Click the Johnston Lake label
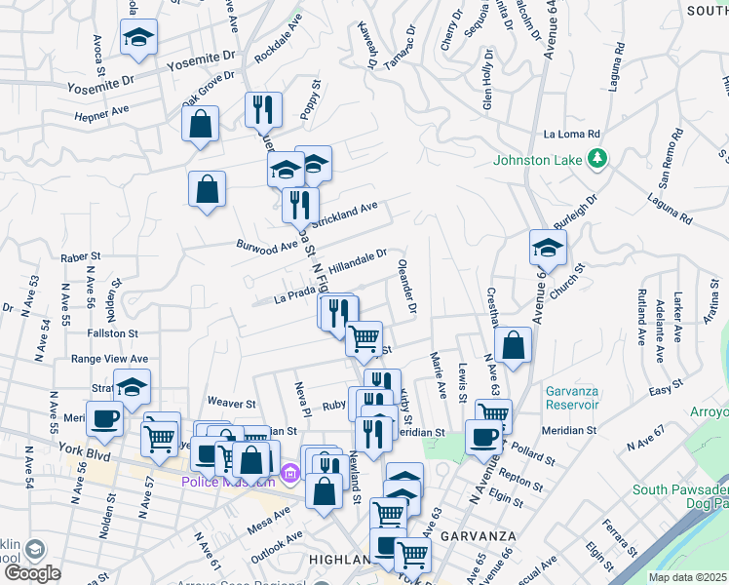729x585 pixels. click(537, 159)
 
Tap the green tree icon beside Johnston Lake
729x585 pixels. click(597, 158)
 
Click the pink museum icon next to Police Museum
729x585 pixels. click(288, 475)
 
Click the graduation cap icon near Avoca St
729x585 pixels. click(138, 39)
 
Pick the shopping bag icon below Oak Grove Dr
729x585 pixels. click(200, 124)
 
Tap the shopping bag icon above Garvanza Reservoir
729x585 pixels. click(513, 345)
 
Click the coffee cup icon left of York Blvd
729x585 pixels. click(104, 419)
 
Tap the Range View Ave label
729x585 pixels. click(110, 359)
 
